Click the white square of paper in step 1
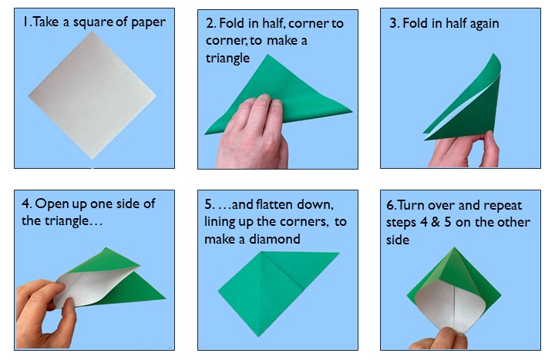(x=92, y=96)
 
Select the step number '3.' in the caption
(x=395, y=23)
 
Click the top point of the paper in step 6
(x=459, y=249)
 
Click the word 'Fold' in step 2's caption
(x=232, y=23)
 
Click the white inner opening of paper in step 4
(x=92, y=289)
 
